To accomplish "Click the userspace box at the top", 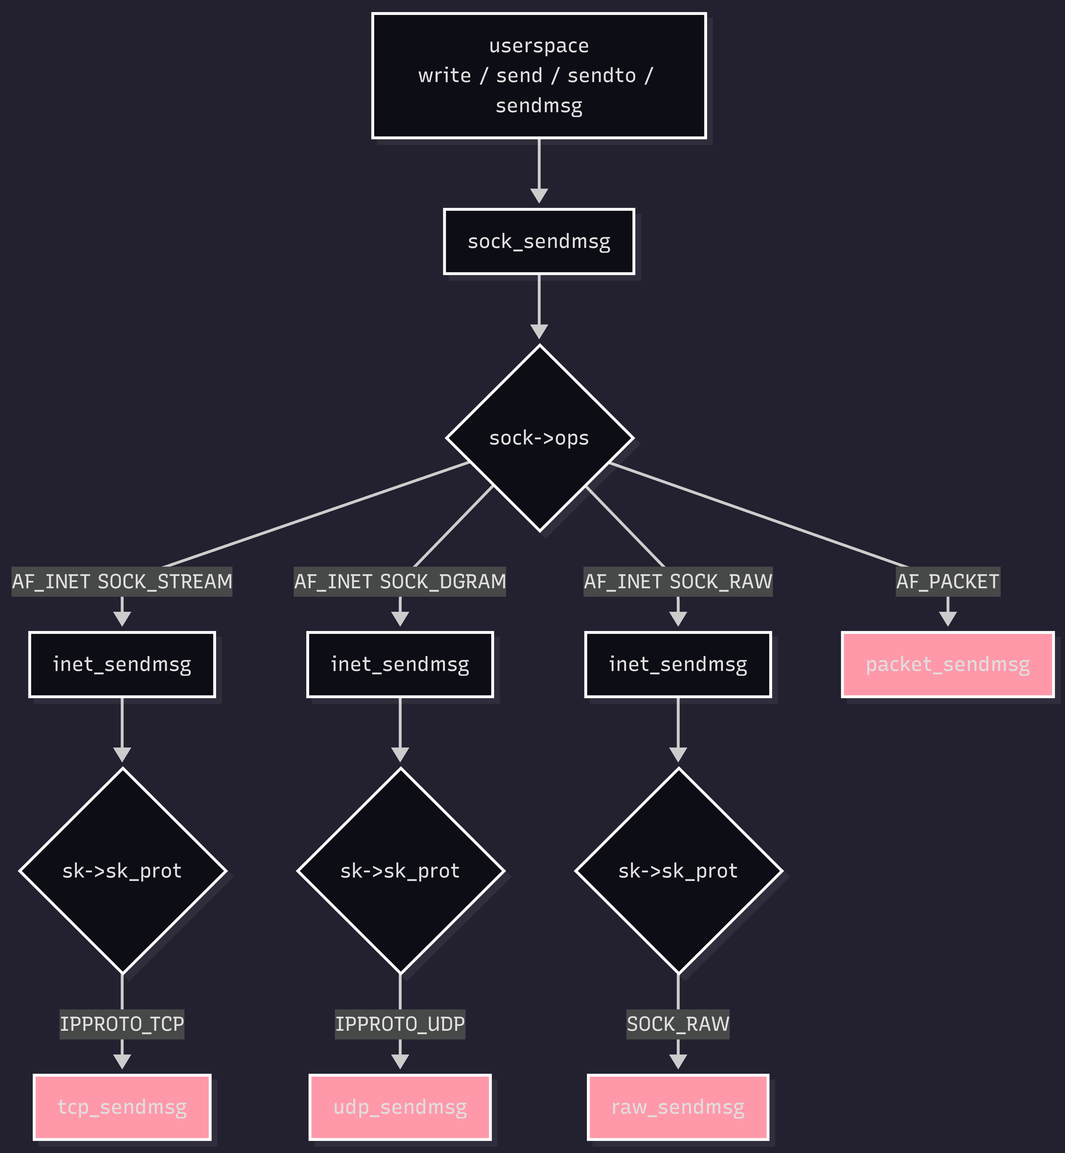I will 539,75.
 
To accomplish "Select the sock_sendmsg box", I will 539,241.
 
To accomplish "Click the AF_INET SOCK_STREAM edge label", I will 122,581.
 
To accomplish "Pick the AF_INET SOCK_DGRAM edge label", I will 400,581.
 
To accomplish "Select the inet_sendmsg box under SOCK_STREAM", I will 122,664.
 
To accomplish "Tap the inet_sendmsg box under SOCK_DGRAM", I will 400,664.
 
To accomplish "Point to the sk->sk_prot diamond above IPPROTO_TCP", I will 122,871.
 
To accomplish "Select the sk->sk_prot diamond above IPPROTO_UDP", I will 400,871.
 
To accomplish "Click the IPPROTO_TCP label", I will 122,1024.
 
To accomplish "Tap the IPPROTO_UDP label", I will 400,1024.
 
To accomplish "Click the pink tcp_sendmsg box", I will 122,1107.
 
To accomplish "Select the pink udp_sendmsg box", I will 400,1107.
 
